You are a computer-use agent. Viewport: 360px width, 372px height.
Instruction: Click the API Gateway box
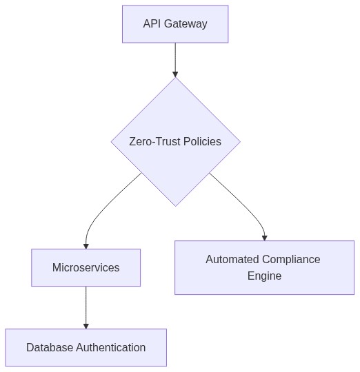click(x=175, y=24)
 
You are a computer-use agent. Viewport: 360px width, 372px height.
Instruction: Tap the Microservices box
click(x=86, y=268)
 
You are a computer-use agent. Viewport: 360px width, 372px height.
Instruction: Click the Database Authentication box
click(x=86, y=348)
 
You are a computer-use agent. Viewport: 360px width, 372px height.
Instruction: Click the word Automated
click(x=232, y=260)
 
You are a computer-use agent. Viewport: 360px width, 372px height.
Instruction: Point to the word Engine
click(x=264, y=276)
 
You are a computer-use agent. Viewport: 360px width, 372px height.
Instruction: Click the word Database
click(x=50, y=348)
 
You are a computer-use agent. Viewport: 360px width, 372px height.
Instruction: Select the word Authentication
click(x=111, y=348)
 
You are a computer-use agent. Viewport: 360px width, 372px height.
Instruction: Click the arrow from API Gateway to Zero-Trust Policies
click(x=175, y=59)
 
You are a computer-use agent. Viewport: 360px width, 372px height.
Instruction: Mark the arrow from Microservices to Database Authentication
click(x=86, y=307)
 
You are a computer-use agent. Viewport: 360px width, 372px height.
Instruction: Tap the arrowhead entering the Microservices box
click(x=86, y=245)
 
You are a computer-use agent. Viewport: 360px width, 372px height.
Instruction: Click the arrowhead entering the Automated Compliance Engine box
click(x=264, y=238)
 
